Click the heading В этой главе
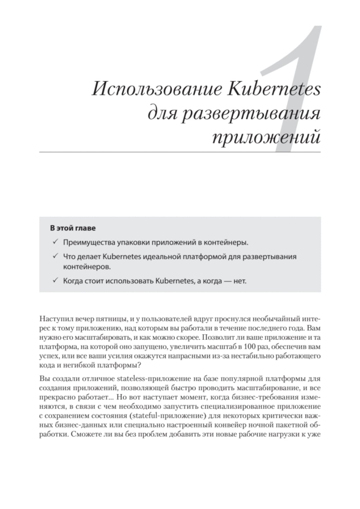73,228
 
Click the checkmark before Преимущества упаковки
55,242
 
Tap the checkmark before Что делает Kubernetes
55,256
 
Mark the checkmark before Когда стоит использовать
55,281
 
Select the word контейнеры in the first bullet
226,242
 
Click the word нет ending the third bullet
240,281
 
